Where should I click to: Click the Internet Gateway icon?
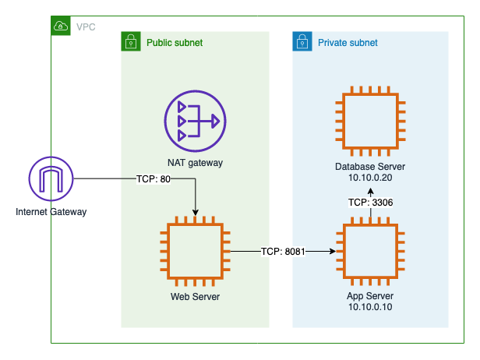[51, 178]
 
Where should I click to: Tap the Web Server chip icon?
[195, 252]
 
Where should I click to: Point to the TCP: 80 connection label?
[153, 179]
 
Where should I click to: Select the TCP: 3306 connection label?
[369, 203]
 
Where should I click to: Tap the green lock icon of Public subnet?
[129, 41]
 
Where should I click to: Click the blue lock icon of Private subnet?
[301, 41]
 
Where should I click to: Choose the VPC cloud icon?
[60, 26]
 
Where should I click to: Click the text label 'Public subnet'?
[175, 42]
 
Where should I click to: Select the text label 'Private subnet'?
[348, 42]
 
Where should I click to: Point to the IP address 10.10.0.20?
[369, 178]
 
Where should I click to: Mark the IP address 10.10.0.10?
[369, 307]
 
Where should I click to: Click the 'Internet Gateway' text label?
[51, 211]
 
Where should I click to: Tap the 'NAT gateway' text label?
[195, 163]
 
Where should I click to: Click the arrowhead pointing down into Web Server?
[195, 212]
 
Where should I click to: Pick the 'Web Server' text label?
[195, 296]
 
